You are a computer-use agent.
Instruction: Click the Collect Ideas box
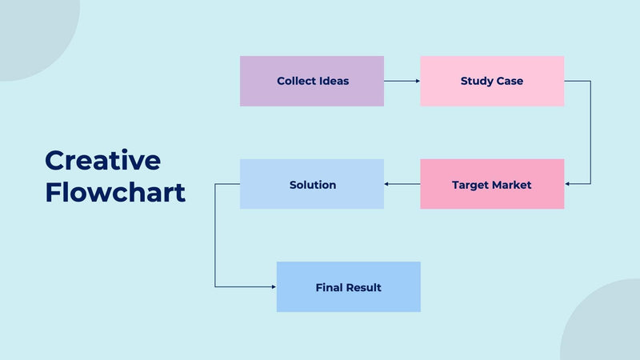coord(312,81)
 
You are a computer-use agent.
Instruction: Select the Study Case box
coord(492,81)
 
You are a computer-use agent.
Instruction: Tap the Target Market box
coord(492,184)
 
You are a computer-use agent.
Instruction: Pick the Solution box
coord(312,184)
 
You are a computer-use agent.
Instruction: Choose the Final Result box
coord(348,286)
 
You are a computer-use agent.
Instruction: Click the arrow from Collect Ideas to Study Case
coord(402,81)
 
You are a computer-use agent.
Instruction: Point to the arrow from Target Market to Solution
coord(402,184)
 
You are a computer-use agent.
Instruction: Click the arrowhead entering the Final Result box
coord(273,286)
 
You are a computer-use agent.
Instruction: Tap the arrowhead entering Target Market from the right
coord(568,184)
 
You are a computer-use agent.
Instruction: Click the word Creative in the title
coord(102,160)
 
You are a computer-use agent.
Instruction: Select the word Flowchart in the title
coord(115,192)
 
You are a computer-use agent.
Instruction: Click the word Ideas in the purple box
coord(334,81)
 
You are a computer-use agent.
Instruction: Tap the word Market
coord(511,185)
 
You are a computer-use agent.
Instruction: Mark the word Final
coord(329,287)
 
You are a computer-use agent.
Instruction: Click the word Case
coord(510,81)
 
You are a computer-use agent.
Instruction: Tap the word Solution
coord(312,185)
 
